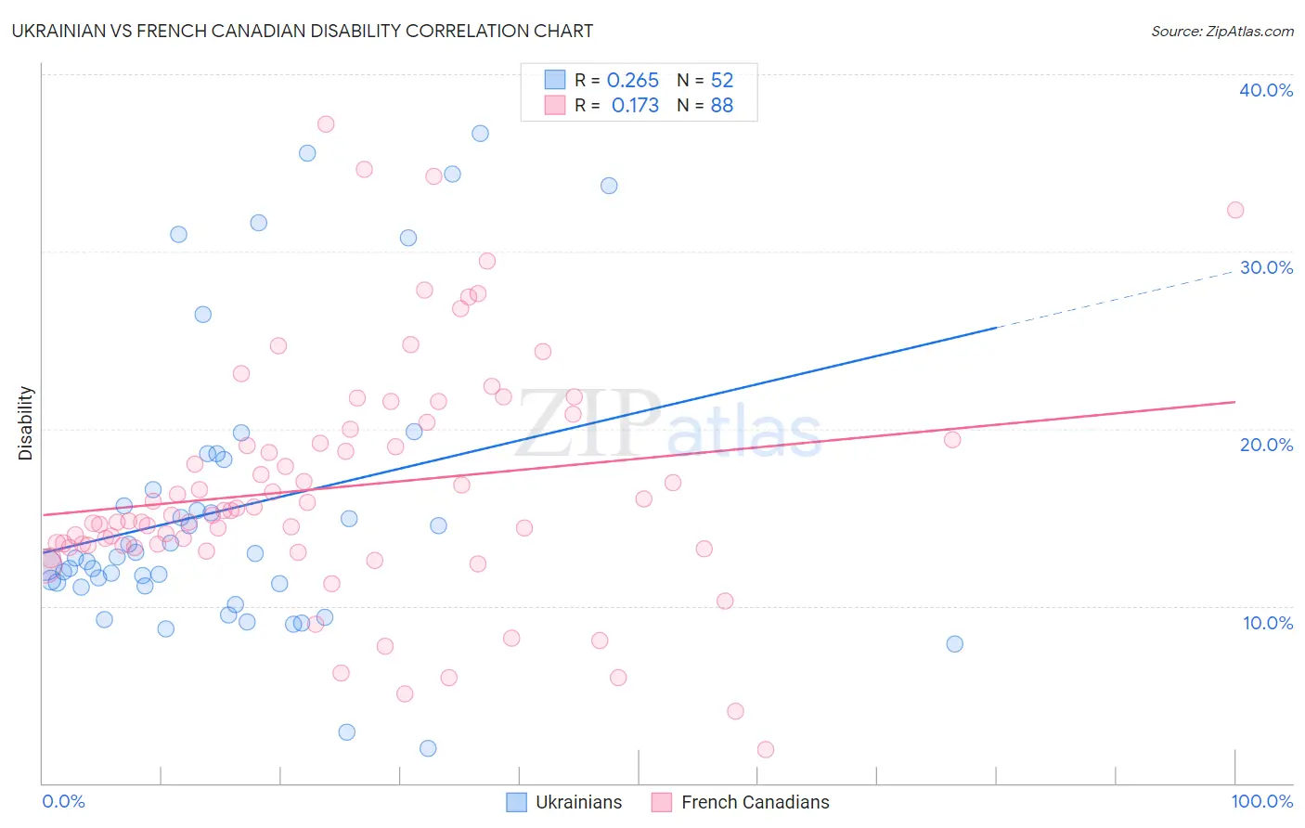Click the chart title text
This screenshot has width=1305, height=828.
(x=303, y=31)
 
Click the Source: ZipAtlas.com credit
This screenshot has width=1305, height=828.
(x=1221, y=31)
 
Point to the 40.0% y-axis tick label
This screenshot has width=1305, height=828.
(x=1265, y=90)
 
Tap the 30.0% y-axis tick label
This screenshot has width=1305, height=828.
(x=1265, y=267)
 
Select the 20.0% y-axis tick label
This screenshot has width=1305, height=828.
(x=1265, y=445)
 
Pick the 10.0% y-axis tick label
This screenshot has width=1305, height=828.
(x=1267, y=623)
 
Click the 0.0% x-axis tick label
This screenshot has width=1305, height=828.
(x=63, y=801)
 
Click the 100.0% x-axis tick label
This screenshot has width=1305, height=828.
(x=1261, y=801)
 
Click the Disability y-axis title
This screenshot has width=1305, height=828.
(x=26, y=423)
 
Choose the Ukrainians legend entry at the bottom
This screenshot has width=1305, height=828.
(x=564, y=802)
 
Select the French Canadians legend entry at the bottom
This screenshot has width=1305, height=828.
(x=741, y=802)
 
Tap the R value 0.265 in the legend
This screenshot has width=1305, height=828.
(x=632, y=81)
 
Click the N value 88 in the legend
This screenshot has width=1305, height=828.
(x=721, y=106)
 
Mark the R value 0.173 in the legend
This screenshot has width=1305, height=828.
(x=635, y=106)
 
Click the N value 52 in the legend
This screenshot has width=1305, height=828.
(x=721, y=81)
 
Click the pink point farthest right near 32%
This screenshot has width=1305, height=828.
(x=1235, y=210)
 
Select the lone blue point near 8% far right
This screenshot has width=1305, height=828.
(x=954, y=644)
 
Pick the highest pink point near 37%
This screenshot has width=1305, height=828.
(x=326, y=124)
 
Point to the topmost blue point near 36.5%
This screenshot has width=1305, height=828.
(x=480, y=134)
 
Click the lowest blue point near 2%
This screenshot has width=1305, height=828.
(x=428, y=748)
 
